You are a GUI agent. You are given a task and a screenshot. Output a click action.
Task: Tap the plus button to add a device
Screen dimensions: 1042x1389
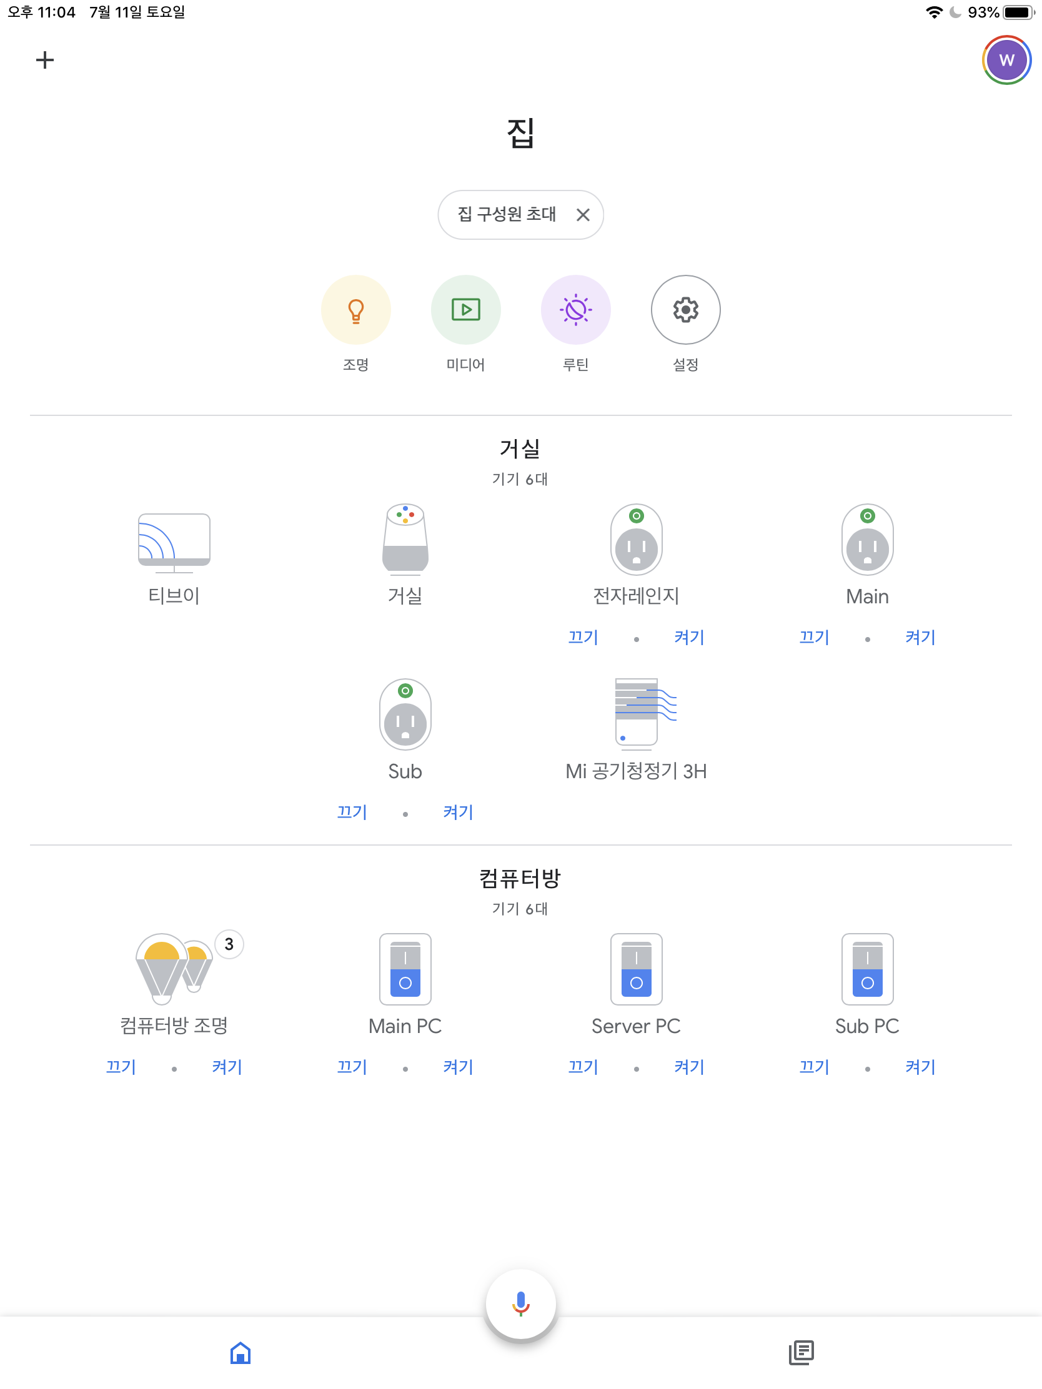pyautogui.click(x=44, y=61)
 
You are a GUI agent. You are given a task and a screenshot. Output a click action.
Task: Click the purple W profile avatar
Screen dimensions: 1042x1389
pyautogui.click(x=1006, y=61)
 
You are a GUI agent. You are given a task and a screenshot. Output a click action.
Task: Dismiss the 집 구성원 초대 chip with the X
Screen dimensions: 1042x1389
pyautogui.click(x=583, y=215)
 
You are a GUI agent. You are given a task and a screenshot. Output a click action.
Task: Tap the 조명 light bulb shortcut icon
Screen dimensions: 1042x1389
pyautogui.click(x=355, y=310)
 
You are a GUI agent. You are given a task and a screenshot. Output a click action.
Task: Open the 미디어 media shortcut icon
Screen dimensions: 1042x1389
pyautogui.click(x=465, y=310)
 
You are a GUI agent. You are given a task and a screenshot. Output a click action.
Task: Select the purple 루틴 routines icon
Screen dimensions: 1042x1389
pyautogui.click(x=575, y=310)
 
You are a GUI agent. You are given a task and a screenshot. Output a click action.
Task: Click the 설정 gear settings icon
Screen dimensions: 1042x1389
pyautogui.click(x=685, y=310)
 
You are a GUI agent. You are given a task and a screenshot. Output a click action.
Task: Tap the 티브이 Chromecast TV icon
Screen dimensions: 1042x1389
pyautogui.click(x=174, y=542)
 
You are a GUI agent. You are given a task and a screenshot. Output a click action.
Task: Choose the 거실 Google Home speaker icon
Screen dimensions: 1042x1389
pyautogui.click(x=405, y=540)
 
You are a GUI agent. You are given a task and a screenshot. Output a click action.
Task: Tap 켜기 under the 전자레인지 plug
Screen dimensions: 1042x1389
pyautogui.click(x=689, y=638)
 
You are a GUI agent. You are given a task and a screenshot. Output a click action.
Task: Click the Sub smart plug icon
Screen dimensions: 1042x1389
pyautogui.click(x=405, y=714)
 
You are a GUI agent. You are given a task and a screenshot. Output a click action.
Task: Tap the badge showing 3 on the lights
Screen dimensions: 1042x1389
pyautogui.click(x=229, y=944)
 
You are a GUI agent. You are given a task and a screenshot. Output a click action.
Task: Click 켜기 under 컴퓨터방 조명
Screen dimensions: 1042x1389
pyautogui.click(x=227, y=1067)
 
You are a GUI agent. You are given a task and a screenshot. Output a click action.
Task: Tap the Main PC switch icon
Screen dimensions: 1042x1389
pyautogui.click(x=405, y=969)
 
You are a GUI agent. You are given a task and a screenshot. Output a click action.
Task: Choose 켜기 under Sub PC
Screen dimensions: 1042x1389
pyautogui.click(x=920, y=1067)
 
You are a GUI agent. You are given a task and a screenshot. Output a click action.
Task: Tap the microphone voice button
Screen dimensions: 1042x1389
pyautogui.click(x=520, y=1303)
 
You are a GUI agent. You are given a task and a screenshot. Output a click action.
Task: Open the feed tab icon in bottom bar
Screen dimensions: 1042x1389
pyautogui.click(x=801, y=1352)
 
